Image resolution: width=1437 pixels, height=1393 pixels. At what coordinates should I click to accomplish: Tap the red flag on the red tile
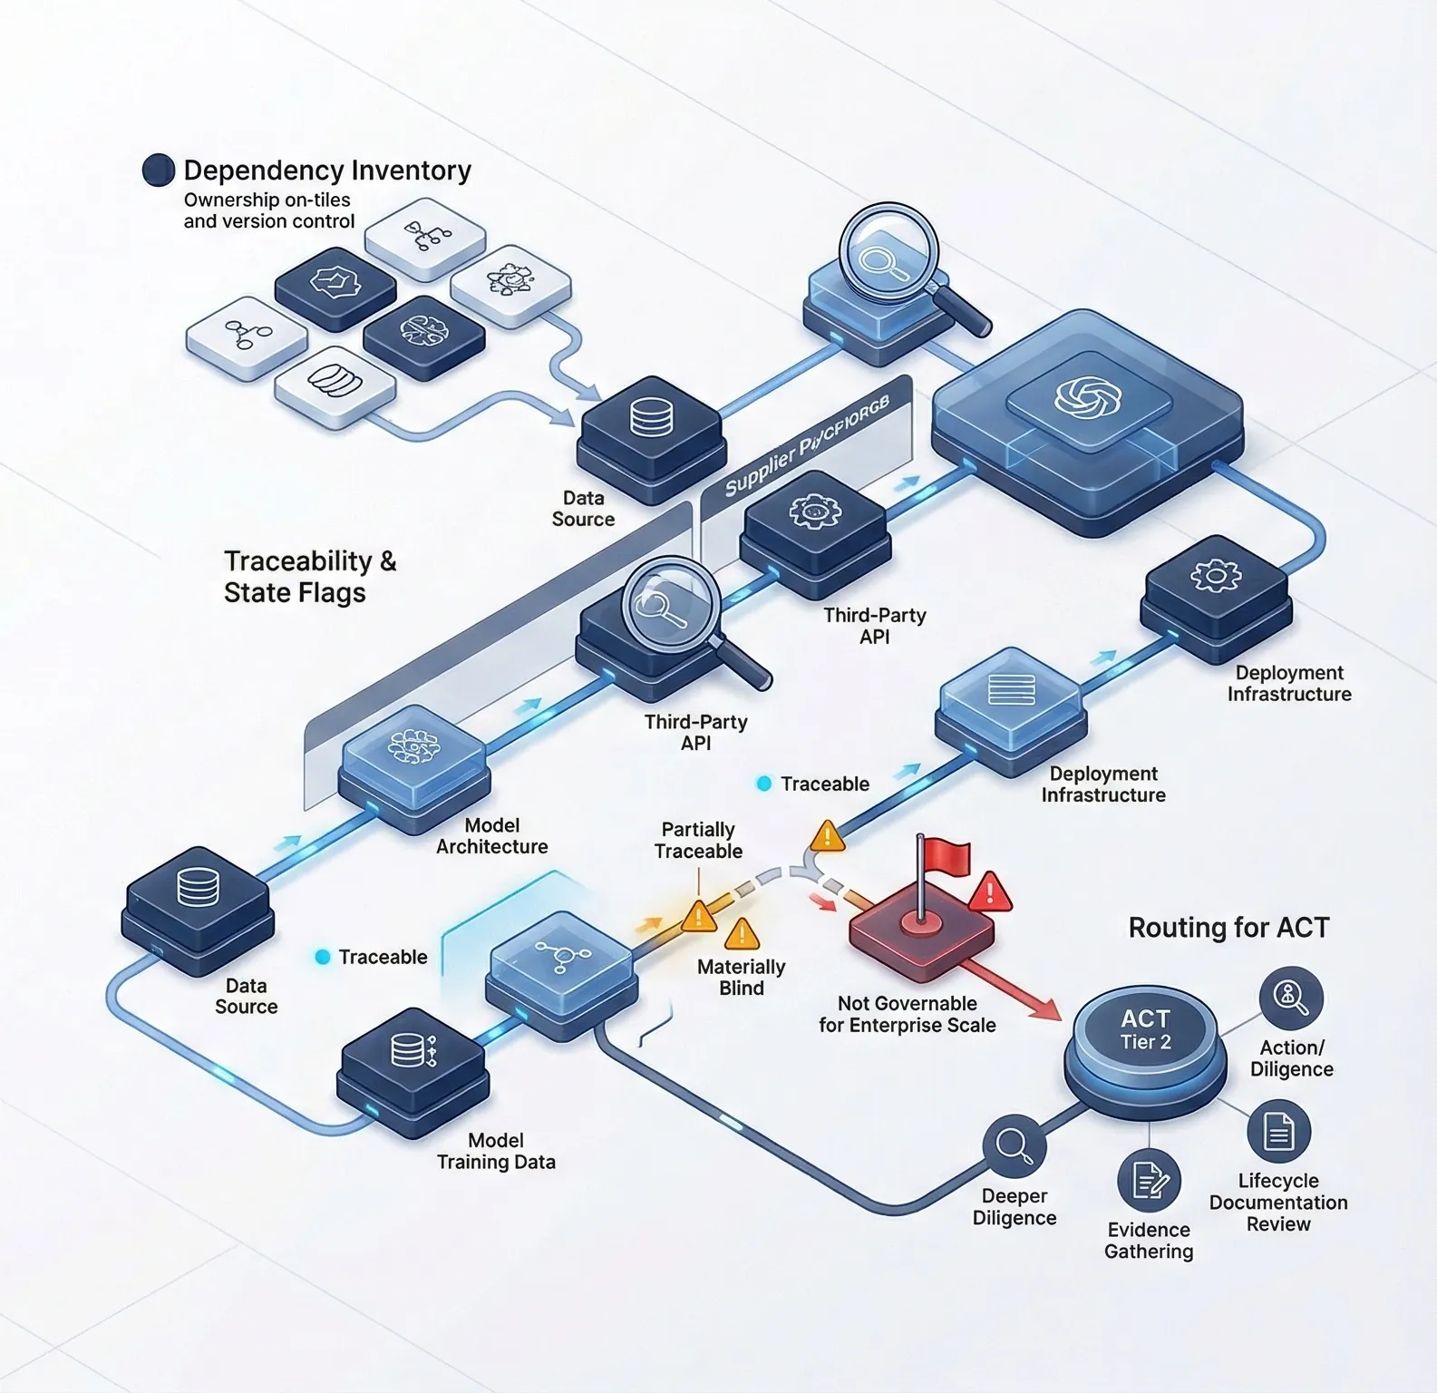[947, 855]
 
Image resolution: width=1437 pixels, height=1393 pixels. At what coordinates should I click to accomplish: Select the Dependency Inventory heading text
[327, 170]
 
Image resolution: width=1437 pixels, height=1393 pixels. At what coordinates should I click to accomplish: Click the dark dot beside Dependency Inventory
[159, 170]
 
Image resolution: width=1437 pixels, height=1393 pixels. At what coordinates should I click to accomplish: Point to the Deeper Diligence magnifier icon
[1014, 1145]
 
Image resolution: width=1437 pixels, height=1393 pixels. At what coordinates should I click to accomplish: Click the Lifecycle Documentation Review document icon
[1278, 1132]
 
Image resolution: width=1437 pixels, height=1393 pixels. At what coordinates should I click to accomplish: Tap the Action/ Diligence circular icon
[1290, 998]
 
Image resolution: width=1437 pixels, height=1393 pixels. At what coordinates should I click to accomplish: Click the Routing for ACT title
[1228, 928]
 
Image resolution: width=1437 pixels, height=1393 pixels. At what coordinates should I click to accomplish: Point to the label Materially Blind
[741, 978]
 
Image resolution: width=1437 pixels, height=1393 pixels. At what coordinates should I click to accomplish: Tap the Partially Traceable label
[698, 841]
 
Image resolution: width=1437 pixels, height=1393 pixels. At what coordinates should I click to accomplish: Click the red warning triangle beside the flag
[990, 893]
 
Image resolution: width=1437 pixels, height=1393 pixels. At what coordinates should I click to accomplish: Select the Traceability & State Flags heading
[309, 577]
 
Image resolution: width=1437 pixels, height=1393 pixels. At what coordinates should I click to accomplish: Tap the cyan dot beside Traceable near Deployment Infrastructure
[764, 784]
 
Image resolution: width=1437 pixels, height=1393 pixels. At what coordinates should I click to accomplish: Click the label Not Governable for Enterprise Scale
[907, 1014]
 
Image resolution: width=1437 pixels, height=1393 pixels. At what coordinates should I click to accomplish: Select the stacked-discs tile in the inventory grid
[335, 381]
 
